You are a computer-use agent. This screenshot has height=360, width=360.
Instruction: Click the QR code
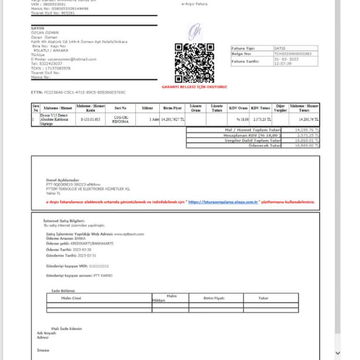pos(195,63)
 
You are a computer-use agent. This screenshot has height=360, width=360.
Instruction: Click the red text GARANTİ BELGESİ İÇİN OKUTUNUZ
pos(195,87)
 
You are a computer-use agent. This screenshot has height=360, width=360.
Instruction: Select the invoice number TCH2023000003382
pos(293,54)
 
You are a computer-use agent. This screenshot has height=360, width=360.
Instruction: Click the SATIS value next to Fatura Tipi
pos(280,48)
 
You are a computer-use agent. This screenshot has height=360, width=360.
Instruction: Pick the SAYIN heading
pos(37,28)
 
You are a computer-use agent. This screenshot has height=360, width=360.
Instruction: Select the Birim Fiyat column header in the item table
pos(173,108)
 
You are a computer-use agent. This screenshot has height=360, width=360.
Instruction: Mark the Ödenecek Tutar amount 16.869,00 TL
pos(307,145)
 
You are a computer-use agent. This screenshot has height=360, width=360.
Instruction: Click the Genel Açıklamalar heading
pos(62,180)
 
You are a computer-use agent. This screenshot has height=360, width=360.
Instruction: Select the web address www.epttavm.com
pos(129,234)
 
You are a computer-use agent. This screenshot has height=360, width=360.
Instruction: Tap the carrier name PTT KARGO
pos(103,276)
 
